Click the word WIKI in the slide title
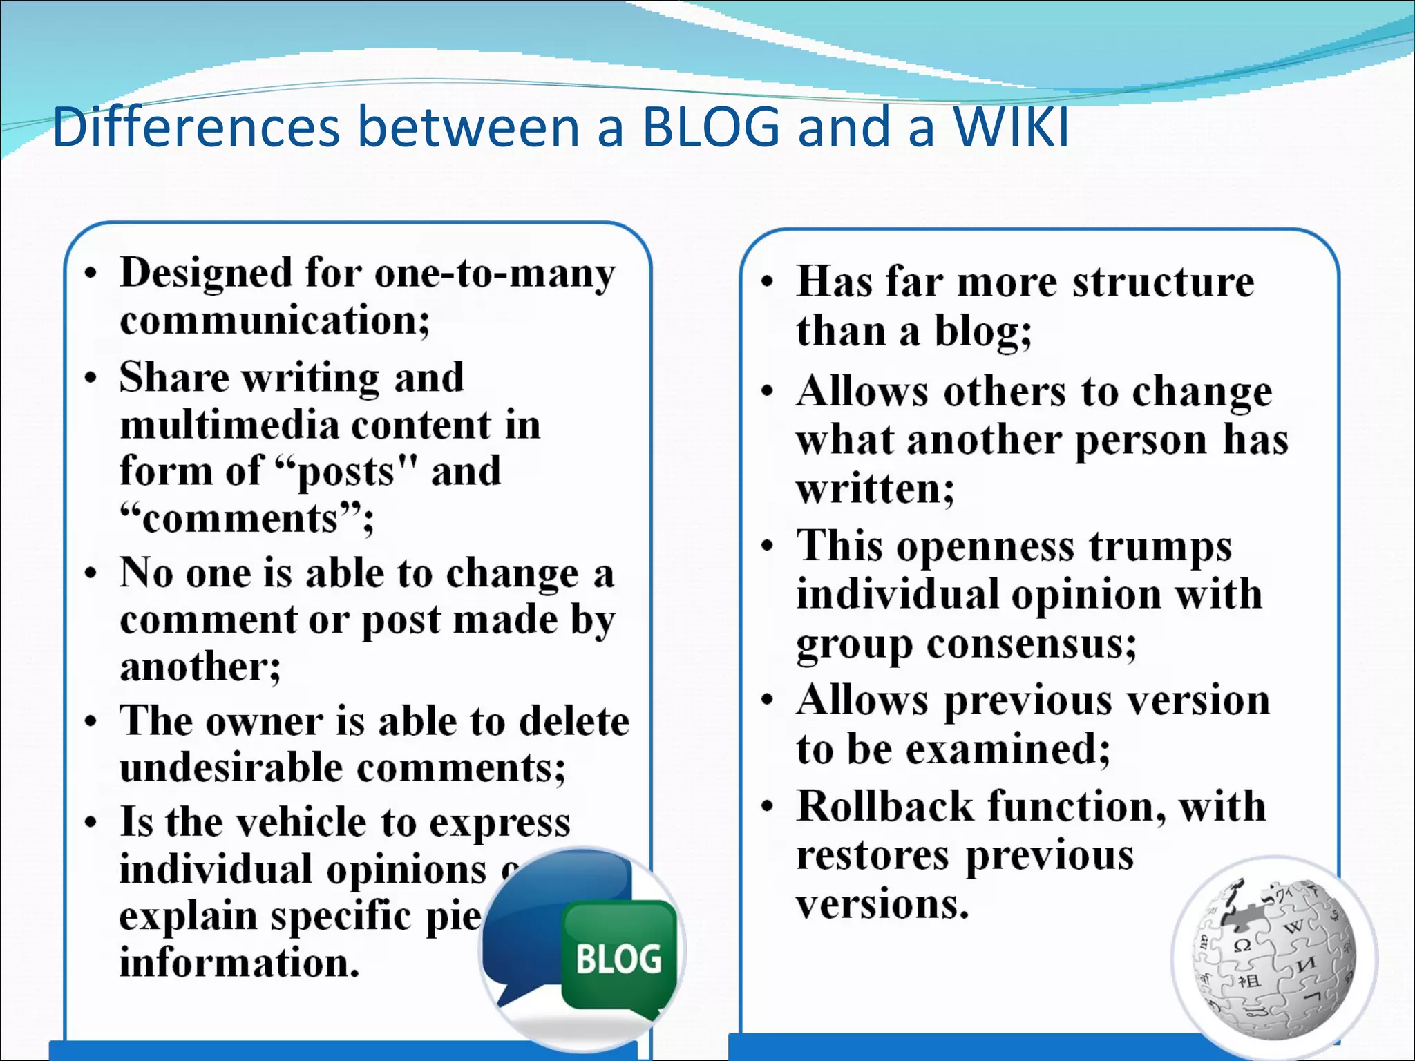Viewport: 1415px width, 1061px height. point(1011,128)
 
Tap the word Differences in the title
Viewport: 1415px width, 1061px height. point(196,128)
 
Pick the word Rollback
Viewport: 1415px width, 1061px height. point(884,807)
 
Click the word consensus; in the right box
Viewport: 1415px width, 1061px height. point(1031,644)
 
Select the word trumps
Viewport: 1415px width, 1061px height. point(1160,546)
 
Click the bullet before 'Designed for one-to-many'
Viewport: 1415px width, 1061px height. point(91,274)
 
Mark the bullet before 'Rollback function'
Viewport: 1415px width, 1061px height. point(767,807)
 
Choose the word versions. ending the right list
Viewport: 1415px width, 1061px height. point(882,904)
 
